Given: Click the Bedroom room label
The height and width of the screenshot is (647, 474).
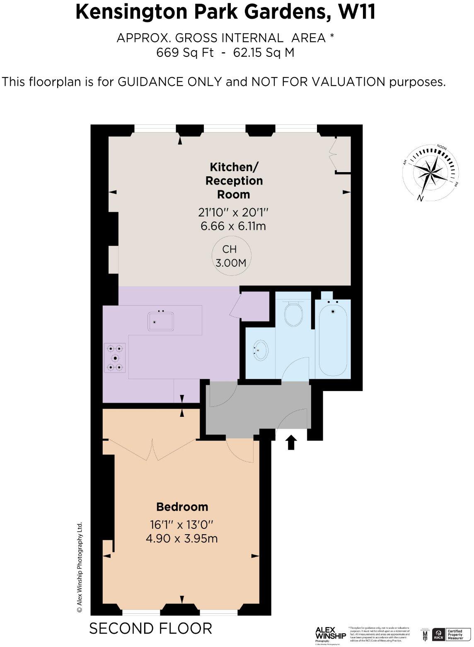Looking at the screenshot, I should point(182,507).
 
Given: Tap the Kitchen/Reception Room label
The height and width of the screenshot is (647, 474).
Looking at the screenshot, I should point(234,180).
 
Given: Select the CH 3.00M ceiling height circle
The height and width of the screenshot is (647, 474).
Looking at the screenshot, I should point(231,255).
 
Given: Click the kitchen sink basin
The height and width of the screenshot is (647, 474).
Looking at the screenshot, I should point(161,322).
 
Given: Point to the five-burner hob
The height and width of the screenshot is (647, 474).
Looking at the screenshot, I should point(115,358).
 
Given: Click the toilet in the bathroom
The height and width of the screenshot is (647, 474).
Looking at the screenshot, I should point(293,314).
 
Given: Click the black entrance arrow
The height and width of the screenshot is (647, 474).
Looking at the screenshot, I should point(291,442).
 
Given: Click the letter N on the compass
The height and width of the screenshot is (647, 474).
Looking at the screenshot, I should point(421,198).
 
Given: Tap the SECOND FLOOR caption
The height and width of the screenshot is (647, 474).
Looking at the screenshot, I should point(151,629).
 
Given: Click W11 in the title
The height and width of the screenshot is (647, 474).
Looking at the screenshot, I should point(357,12).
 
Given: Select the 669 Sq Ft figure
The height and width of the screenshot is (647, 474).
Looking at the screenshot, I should point(185,53).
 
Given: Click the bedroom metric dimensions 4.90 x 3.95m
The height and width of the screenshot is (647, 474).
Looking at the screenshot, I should point(182,538).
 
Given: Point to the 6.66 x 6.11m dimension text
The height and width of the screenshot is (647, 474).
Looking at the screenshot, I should point(233,226).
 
